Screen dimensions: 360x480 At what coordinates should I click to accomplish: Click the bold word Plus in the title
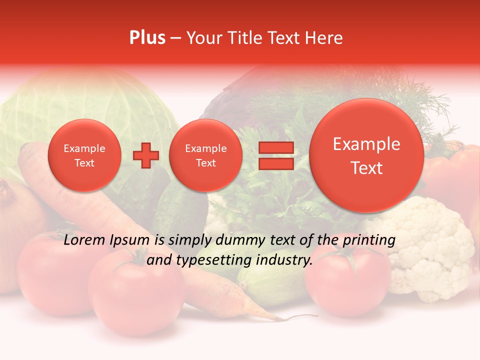[147, 38]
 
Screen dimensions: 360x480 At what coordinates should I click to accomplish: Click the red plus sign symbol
[146, 155]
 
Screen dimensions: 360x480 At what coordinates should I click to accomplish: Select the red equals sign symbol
[275, 155]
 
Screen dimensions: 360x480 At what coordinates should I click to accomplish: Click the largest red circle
[366, 155]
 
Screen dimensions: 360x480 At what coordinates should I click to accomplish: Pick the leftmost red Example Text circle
[84, 155]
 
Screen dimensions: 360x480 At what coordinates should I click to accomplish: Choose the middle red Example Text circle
[206, 155]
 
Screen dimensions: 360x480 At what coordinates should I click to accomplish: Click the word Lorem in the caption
[84, 240]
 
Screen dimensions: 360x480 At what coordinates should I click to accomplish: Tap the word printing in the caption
[368, 240]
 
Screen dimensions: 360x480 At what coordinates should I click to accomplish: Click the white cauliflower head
[430, 250]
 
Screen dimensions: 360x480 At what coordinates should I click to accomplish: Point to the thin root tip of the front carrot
[305, 316]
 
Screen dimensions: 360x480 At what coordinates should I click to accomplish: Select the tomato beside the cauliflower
[345, 280]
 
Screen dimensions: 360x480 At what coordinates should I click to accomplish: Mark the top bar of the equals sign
[275, 147]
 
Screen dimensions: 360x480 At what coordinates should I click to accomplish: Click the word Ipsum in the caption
[132, 240]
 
